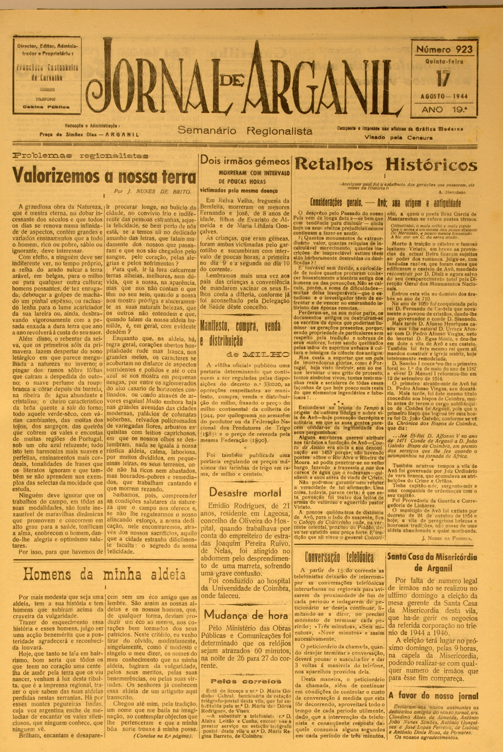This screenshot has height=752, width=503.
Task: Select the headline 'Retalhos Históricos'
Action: click(x=386, y=164)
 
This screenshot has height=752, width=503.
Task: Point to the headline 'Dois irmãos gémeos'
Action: click(x=245, y=161)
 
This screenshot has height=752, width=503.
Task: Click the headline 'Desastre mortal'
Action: click(x=245, y=492)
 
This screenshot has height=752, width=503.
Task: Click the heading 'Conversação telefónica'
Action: click(x=339, y=557)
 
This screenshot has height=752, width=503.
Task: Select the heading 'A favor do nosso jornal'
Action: click(x=428, y=696)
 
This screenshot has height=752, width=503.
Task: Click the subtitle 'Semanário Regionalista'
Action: click(x=245, y=131)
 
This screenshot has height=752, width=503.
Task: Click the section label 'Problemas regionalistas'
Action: click(x=80, y=155)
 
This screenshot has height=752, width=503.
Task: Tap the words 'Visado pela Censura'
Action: click(x=398, y=138)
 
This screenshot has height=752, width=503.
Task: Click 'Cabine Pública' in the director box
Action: click(x=46, y=106)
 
